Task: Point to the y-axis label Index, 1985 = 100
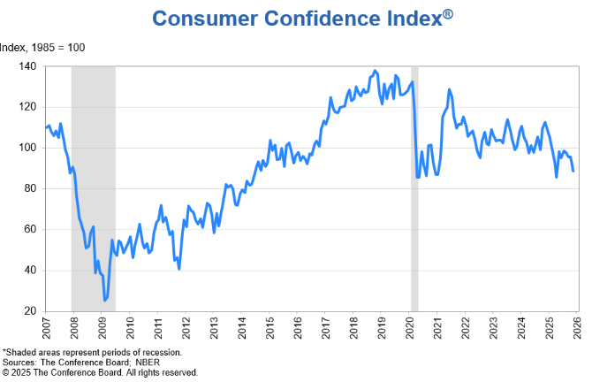(42, 47)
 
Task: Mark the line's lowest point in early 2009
(105, 301)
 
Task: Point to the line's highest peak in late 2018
(375, 71)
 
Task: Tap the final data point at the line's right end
(573, 171)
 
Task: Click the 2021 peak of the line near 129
(449, 89)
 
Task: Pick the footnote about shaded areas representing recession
(92, 352)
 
